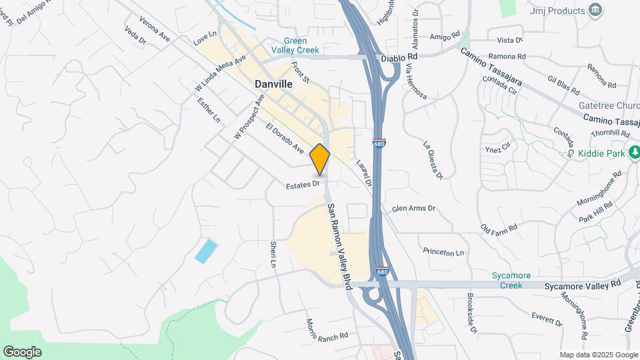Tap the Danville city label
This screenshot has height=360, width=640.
click(x=273, y=85)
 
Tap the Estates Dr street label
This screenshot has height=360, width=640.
click(x=304, y=184)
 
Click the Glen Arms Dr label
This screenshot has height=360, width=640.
click(x=413, y=209)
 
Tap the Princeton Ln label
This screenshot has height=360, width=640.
click(x=443, y=253)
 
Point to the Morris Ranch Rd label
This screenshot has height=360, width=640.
click(x=327, y=328)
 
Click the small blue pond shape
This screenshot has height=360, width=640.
click(x=206, y=251)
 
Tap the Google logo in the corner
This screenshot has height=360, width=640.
click(x=22, y=352)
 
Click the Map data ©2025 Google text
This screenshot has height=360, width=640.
click(x=598, y=355)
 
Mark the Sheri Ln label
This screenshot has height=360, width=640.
click(x=273, y=254)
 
